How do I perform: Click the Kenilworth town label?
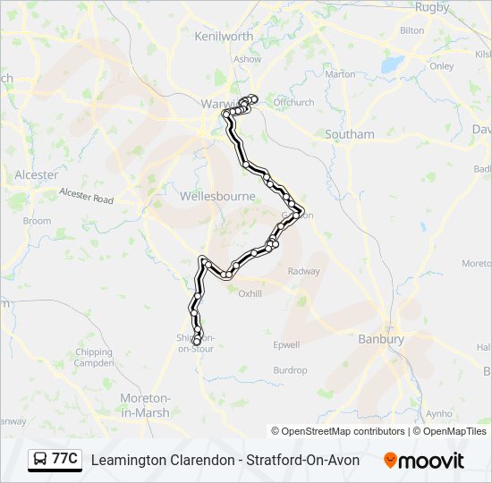click(x=224, y=37)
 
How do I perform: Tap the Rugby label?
click(x=432, y=7)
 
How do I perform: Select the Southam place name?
click(x=349, y=134)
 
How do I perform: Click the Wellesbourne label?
click(x=217, y=196)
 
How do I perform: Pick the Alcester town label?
click(x=36, y=175)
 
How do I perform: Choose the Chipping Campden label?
click(x=94, y=358)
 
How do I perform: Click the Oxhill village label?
click(x=250, y=293)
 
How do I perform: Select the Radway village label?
click(x=304, y=271)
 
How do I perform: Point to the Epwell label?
click(x=286, y=344)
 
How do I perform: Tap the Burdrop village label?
click(x=290, y=370)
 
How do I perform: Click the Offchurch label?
click(x=294, y=103)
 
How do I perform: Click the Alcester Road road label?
click(x=86, y=195)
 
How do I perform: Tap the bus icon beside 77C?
click(x=40, y=460)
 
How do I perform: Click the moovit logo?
click(x=424, y=461)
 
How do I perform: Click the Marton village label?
click(x=341, y=74)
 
